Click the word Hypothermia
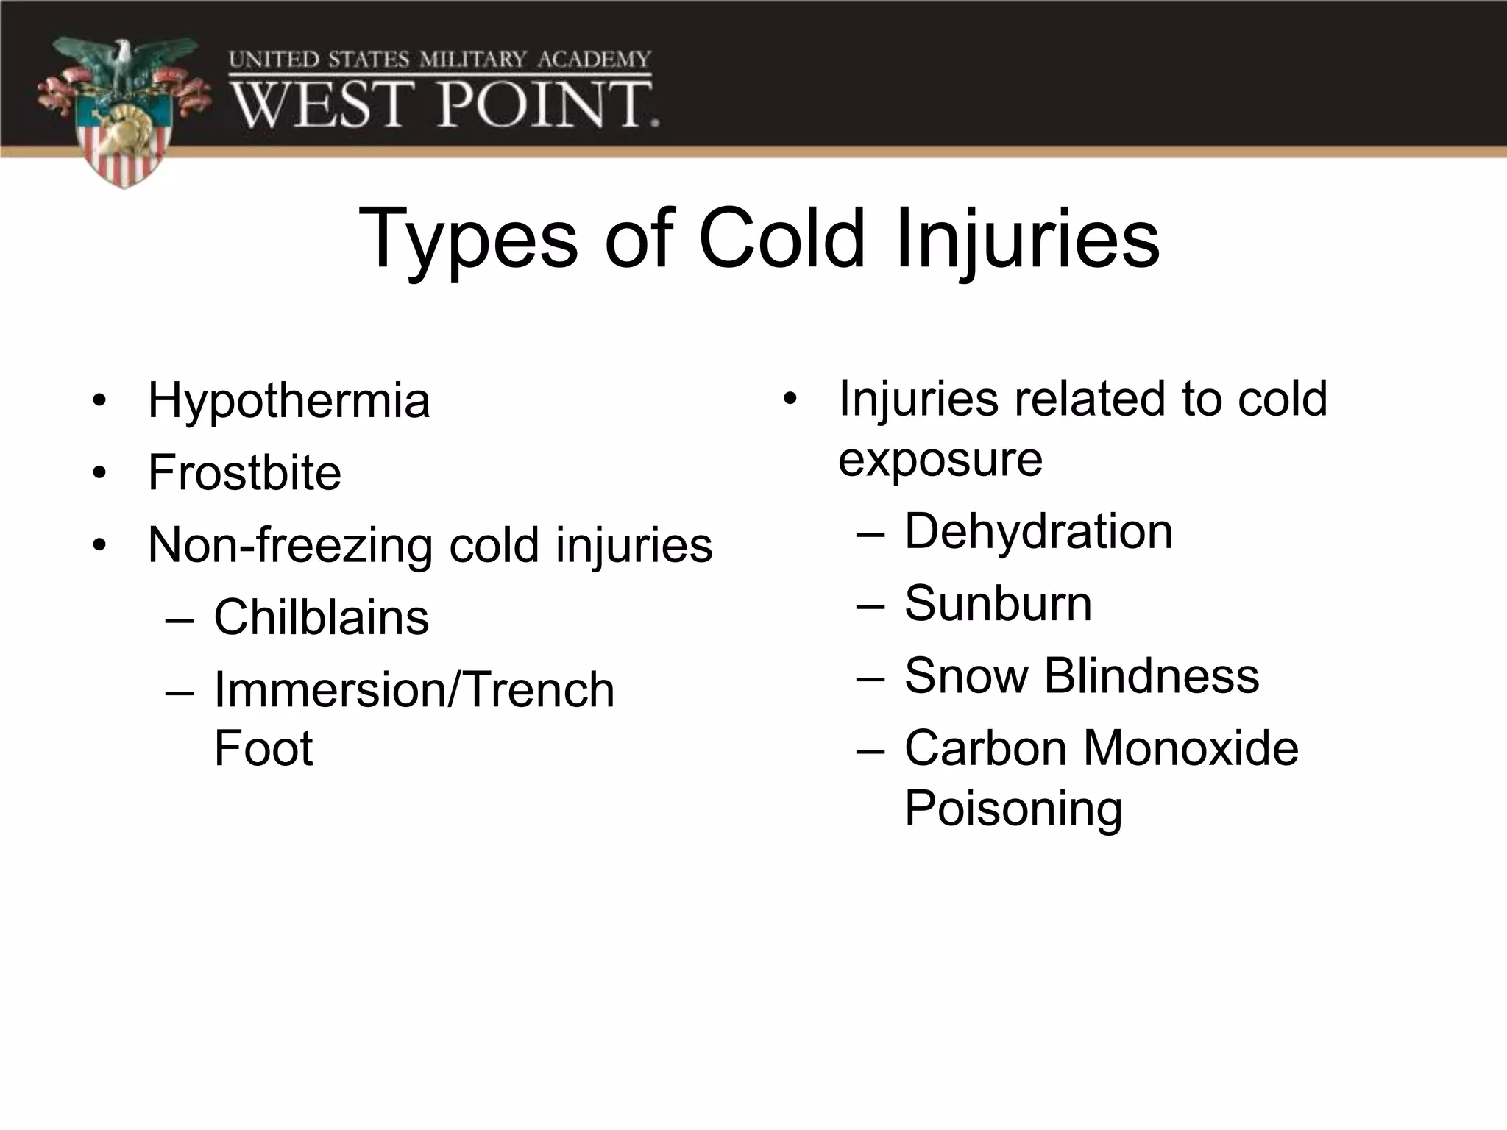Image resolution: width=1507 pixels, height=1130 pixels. tap(288, 402)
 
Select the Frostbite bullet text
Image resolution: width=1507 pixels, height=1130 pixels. tap(244, 472)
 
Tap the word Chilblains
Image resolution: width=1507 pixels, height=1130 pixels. tap(321, 617)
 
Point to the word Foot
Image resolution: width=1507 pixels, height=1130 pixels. tap(263, 748)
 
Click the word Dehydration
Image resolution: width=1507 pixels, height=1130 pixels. tap(1038, 531)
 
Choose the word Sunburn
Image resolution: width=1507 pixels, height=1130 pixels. tap(998, 603)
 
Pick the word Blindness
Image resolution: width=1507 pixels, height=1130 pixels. tap(1152, 675)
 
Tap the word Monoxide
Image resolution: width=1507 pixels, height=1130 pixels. tap(1191, 748)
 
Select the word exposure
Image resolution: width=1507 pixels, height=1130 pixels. tap(940, 461)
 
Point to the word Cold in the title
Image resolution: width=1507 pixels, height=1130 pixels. tap(781, 238)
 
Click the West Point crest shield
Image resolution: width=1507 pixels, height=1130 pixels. tap(124, 143)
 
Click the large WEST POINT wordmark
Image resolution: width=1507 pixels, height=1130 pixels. tap(445, 105)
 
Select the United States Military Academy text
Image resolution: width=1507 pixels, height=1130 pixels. tap(440, 60)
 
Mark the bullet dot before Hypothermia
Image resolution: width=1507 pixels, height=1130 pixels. tap(99, 401)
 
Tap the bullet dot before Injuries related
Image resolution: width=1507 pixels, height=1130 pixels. tap(790, 399)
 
